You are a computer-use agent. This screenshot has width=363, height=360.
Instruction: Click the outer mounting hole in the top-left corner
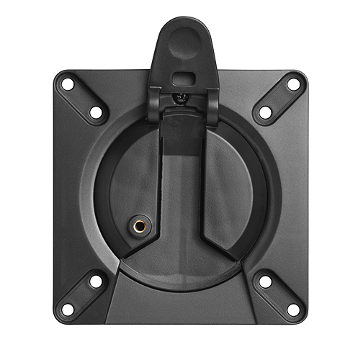(68, 84)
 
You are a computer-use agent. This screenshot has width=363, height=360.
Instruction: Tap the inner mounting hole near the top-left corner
(94, 113)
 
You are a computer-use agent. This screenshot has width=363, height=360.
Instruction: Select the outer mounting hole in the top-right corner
(293, 84)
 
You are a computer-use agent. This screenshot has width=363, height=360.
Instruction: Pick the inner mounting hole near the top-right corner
(265, 113)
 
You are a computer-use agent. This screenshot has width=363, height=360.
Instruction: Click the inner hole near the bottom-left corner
(95, 282)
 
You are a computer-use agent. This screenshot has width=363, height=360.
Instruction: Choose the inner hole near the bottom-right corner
(265, 282)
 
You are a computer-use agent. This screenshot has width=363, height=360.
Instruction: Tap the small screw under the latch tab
(181, 96)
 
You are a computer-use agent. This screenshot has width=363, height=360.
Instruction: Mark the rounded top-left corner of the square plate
(59, 76)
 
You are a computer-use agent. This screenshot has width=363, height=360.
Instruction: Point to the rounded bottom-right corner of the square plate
(302, 318)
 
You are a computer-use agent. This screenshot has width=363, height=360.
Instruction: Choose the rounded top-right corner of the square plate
(302, 76)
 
